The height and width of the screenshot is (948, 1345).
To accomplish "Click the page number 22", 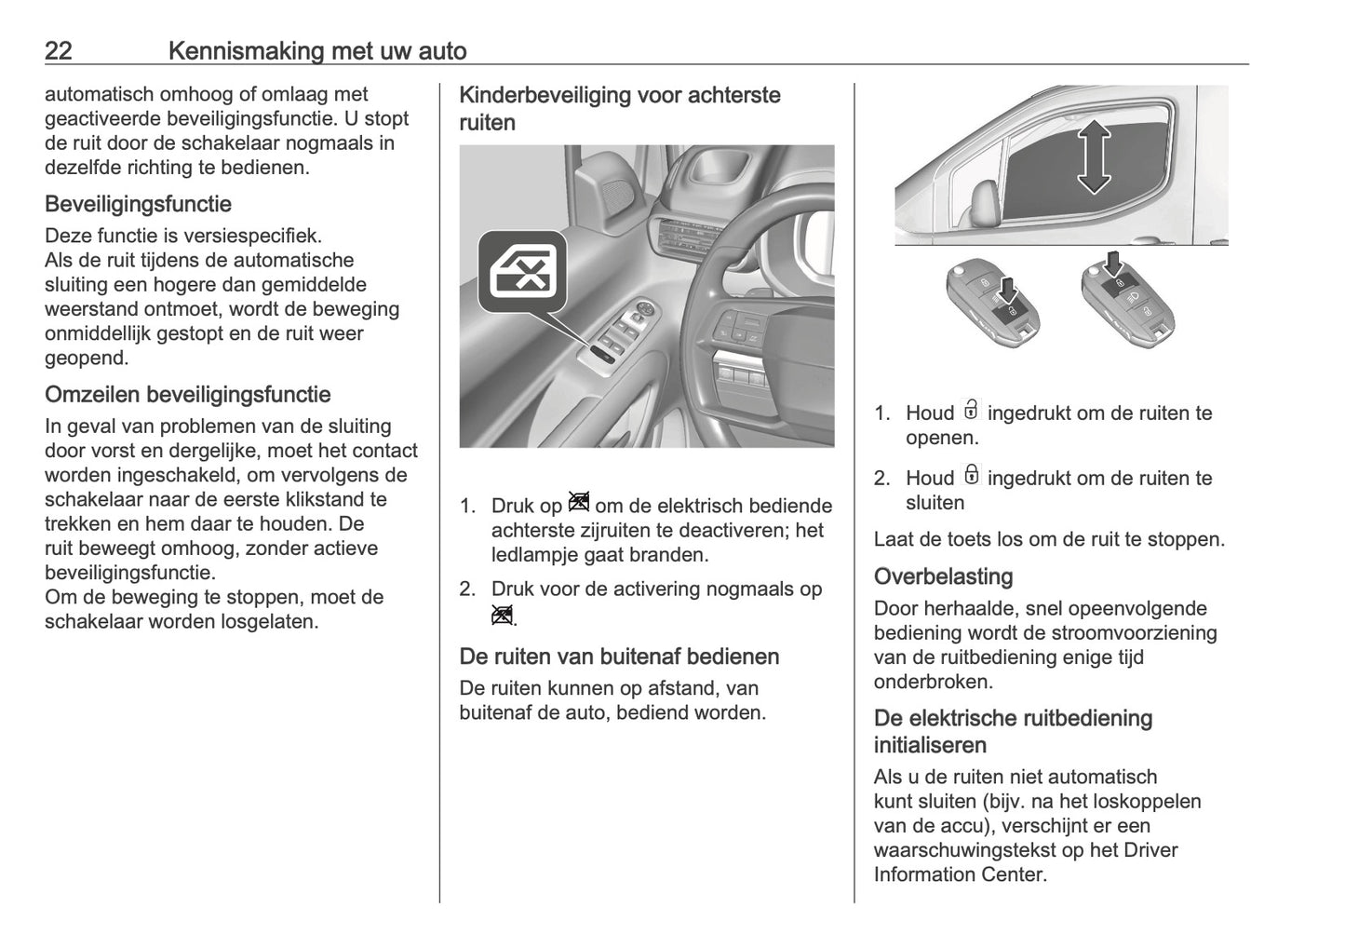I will click(x=58, y=50).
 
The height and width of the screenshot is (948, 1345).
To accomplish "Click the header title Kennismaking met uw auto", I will click(x=317, y=50).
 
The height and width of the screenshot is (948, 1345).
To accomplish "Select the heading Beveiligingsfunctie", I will click(x=138, y=204).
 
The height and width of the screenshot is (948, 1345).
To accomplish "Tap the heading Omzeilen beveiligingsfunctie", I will click(x=187, y=395).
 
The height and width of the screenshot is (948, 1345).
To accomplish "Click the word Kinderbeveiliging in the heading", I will click(x=545, y=95).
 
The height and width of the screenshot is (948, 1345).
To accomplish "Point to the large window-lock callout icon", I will click(x=522, y=271).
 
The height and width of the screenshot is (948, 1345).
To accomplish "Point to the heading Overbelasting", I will click(x=943, y=576).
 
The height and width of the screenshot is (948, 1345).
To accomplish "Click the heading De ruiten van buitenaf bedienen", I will click(x=619, y=657).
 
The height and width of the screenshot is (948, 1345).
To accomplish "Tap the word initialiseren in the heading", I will click(x=930, y=745).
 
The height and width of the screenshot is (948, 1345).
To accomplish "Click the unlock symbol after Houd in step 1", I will click(x=971, y=411).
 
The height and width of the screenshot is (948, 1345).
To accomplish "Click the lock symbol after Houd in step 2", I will click(x=971, y=475).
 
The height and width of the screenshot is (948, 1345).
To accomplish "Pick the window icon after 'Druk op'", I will click(x=578, y=504).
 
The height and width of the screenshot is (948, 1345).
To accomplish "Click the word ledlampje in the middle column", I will click(x=536, y=555).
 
